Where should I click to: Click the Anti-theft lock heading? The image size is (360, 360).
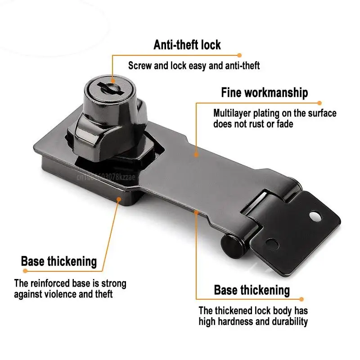tap(187, 45)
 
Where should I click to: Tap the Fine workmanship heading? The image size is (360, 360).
tap(265, 93)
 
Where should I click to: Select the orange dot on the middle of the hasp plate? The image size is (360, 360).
tap(196, 154)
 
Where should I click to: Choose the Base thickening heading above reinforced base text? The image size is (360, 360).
tap(59, 261)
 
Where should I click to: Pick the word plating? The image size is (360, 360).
tap(270, 113)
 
